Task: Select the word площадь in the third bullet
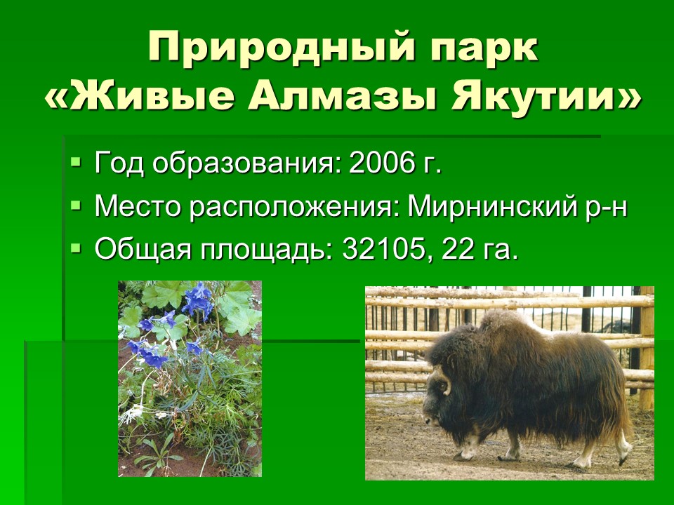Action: (x=267, y=250)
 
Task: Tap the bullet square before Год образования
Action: (x=76, y=162)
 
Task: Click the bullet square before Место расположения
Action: (x=76, y=206)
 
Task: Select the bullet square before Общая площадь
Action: (x=76, y=248)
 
